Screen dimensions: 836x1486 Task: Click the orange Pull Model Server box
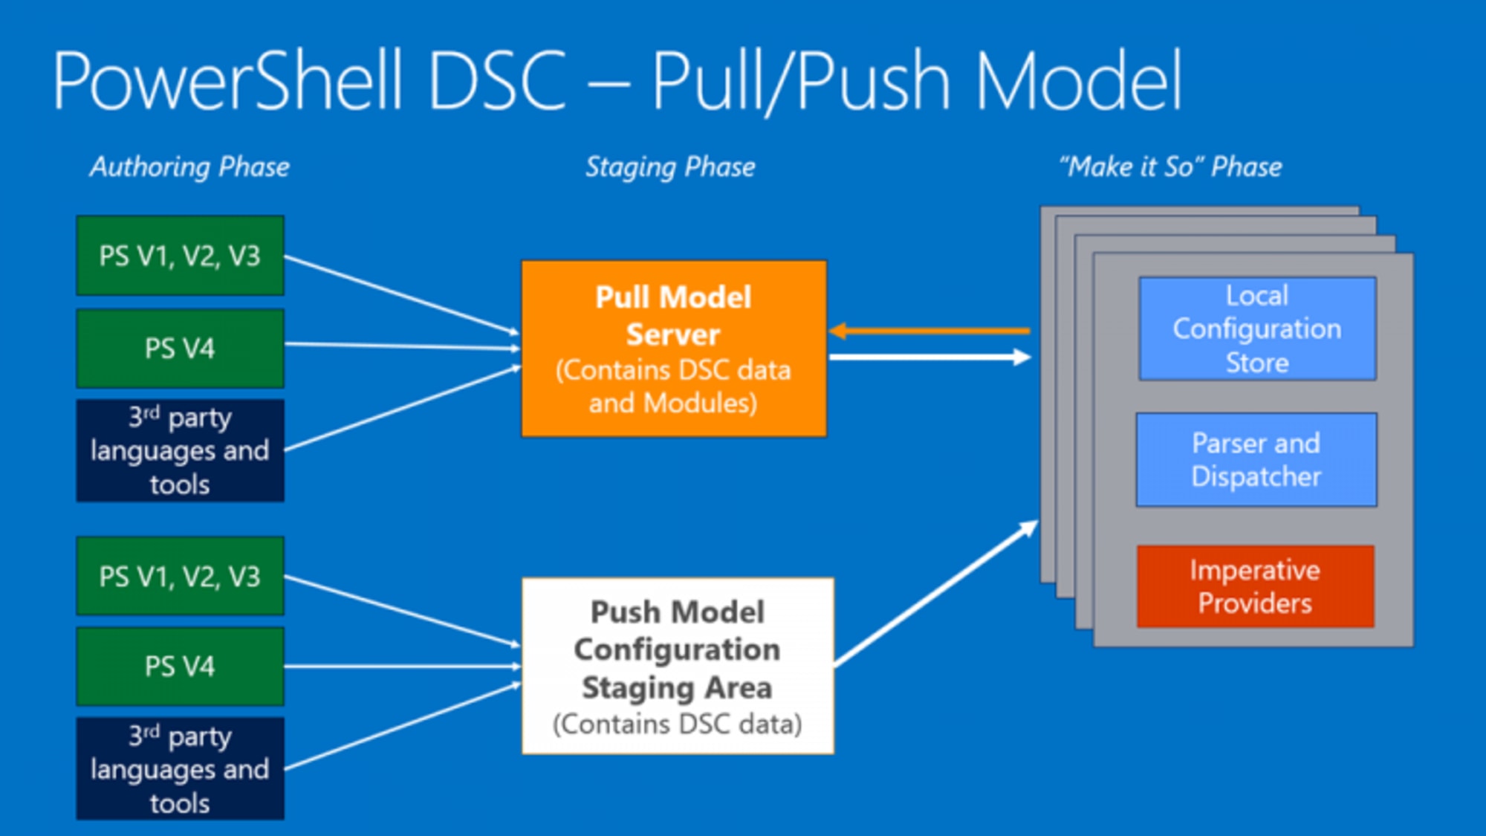673,348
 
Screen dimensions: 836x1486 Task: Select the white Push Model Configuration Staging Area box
677,666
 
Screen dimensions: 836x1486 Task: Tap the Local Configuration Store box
1256,328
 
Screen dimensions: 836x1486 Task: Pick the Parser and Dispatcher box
1256,460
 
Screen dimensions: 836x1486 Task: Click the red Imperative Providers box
1255,586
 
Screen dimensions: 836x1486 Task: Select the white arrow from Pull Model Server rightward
929,357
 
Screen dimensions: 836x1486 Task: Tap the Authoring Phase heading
189,167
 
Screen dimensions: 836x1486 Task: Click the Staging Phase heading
670,167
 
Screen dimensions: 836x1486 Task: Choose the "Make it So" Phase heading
1171,167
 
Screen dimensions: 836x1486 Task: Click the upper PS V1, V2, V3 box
180,256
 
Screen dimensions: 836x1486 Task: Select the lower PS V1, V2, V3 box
180,577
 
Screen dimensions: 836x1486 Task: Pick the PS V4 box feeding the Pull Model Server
180,349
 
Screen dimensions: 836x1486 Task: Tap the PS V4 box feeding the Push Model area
180,667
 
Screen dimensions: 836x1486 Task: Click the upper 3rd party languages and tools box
180,450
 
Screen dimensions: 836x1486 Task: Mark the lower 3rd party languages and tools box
180,768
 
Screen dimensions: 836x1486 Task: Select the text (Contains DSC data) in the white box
677,724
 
